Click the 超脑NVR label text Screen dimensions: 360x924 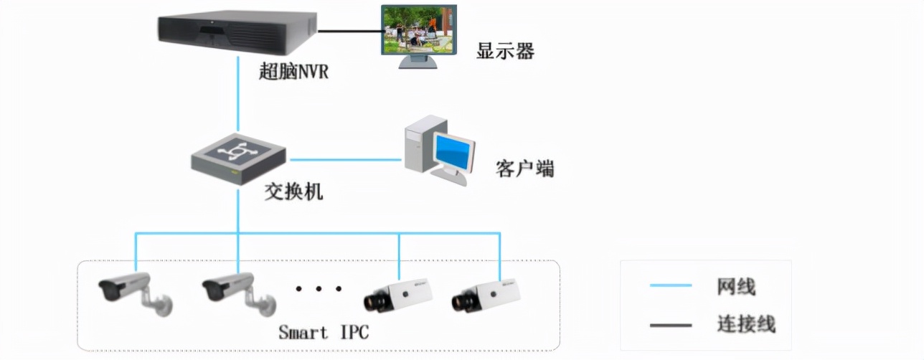pos(294,72)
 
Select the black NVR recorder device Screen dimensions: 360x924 pos(237,33)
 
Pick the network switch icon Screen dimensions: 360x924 pos(238,158)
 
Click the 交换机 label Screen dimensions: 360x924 pos(293,191)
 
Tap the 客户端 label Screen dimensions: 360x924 pos(525,169)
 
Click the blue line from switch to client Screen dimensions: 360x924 pos(344,159)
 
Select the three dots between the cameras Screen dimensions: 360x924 pos(319,289)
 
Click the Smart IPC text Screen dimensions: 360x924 pos(323,332)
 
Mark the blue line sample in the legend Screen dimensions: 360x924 pos(671,285)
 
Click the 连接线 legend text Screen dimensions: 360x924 pos(746,323)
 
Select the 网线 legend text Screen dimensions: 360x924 pos(736,286)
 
